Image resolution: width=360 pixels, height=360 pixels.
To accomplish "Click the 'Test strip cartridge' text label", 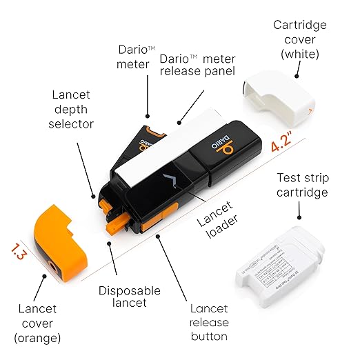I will click(301, 185).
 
